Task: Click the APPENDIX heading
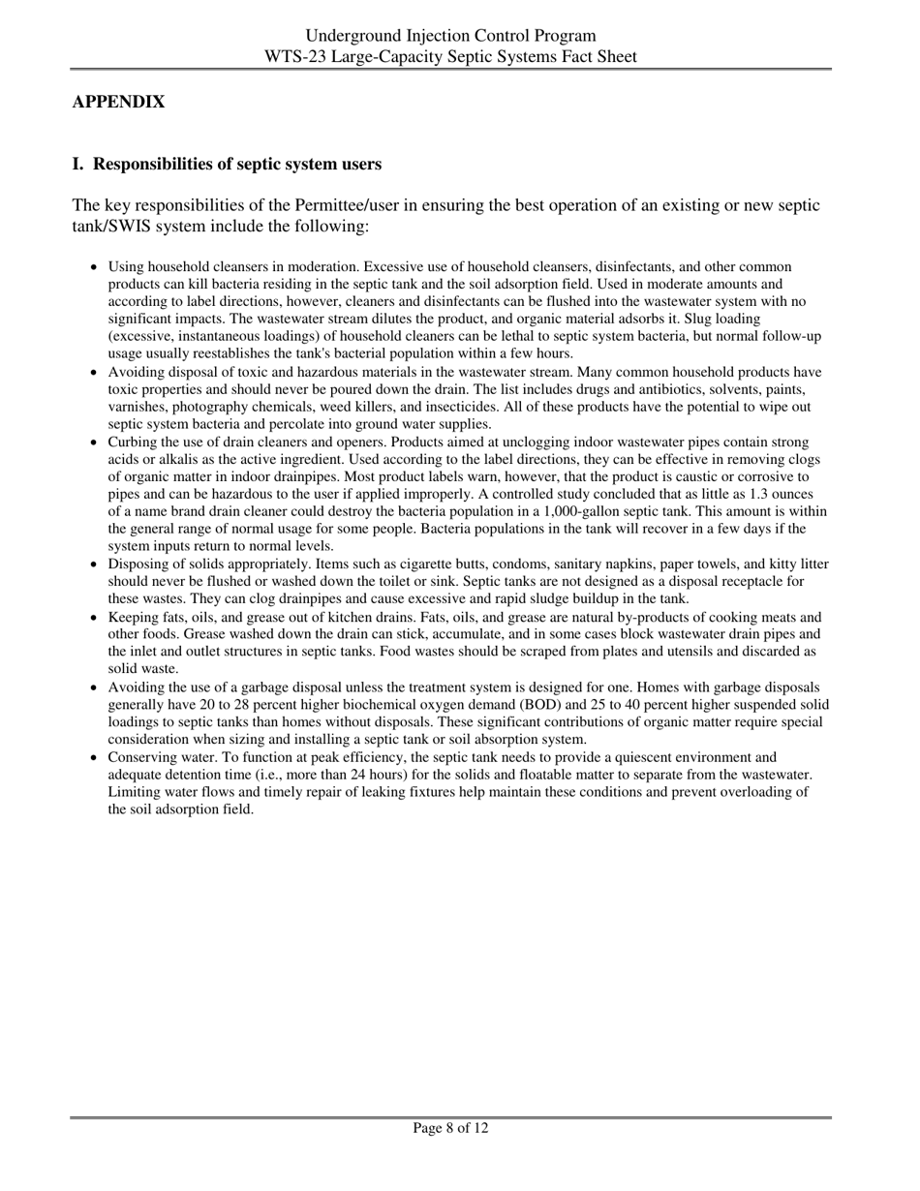118,102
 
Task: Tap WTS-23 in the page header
292,56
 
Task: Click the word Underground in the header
349,36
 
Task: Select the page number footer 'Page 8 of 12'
450,1128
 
